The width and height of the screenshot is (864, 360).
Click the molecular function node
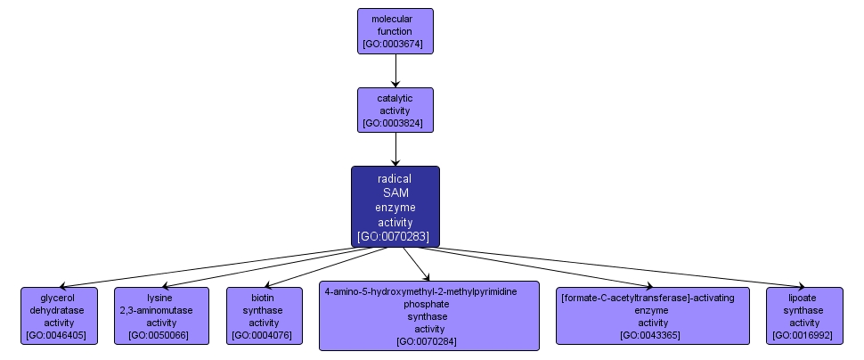tap(395, 30)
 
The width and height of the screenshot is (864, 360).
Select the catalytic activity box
tap(395, 110)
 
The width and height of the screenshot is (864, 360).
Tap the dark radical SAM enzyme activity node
tap(395, 206)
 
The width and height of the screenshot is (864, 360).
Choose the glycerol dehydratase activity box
tap(59, 315)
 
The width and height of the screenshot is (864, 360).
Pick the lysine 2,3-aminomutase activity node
tap(161, 315)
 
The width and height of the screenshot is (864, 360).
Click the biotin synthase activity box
tap(264, 315)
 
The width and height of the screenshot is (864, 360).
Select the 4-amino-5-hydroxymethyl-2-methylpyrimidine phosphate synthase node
tap(429, 315)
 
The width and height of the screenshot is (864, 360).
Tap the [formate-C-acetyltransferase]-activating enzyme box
tap(653, 315)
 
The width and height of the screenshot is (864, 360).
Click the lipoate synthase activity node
tap(804, 315)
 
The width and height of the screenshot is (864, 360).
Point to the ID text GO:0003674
tap(395, 43)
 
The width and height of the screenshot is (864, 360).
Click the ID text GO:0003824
tap(395, 123)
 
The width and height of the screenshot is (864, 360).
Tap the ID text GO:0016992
tap(804, 336)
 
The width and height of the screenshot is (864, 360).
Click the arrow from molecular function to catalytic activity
tap(395, 70)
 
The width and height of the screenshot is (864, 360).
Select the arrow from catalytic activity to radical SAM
tap(395, 149)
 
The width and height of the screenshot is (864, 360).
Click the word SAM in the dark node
tap(395, 192)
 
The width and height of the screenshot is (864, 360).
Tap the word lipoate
tap(804, 297)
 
